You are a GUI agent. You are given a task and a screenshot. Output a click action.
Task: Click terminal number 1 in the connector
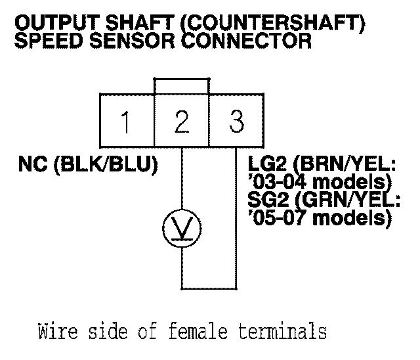coord(127,122)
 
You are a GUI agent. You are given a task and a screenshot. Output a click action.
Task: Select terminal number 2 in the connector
coord(182,122)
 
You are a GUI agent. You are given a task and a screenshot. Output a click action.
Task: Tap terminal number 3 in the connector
coord(236,122)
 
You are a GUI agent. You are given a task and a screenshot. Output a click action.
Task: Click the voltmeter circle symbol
coord(182,228)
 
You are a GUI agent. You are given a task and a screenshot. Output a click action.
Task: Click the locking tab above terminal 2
coord(182,86)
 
